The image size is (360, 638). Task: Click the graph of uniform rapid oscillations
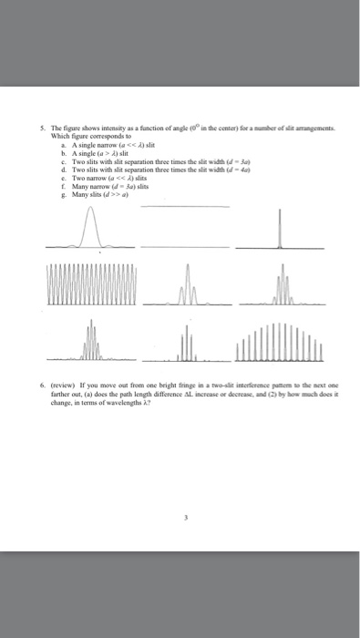(90, 286)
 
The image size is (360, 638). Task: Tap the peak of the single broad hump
(91, 211)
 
